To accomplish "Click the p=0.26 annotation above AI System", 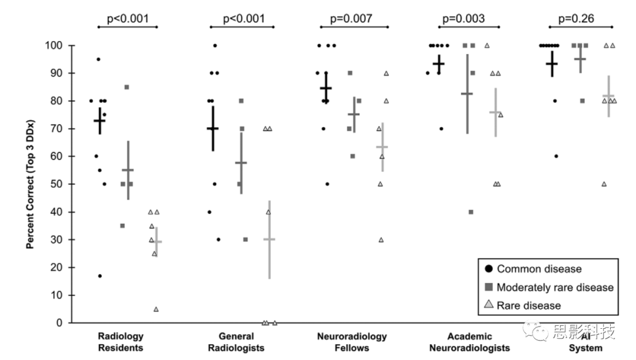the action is pos(576,19).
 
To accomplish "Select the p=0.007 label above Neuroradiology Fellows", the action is pos(351,19).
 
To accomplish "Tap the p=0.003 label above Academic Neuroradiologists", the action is pos(463,19).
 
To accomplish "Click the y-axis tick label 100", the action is pos(54,45).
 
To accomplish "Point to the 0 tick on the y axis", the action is pos(59,323).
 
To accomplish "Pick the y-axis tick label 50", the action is pos(57,184).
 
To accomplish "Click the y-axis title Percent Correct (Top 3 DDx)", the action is pos(30,184).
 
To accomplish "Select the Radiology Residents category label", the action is pos(121,342).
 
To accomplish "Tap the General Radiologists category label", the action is pos(236,342).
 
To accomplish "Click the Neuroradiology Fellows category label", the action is pos(352,342).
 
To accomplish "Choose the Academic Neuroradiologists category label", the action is pos(469,342).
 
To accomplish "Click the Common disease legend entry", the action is pos(534,269).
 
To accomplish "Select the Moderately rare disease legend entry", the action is pos(549,288).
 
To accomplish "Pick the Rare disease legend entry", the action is pos(523,305).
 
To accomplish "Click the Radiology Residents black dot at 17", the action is pos(100,276).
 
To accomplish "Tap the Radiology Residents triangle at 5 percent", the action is pos(156,309).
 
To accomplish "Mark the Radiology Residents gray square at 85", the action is pos(127,87).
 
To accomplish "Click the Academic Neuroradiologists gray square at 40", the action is pos(471,212).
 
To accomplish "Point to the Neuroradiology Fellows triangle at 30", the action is pos(381,240).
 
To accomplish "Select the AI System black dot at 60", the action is pos(556,156).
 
